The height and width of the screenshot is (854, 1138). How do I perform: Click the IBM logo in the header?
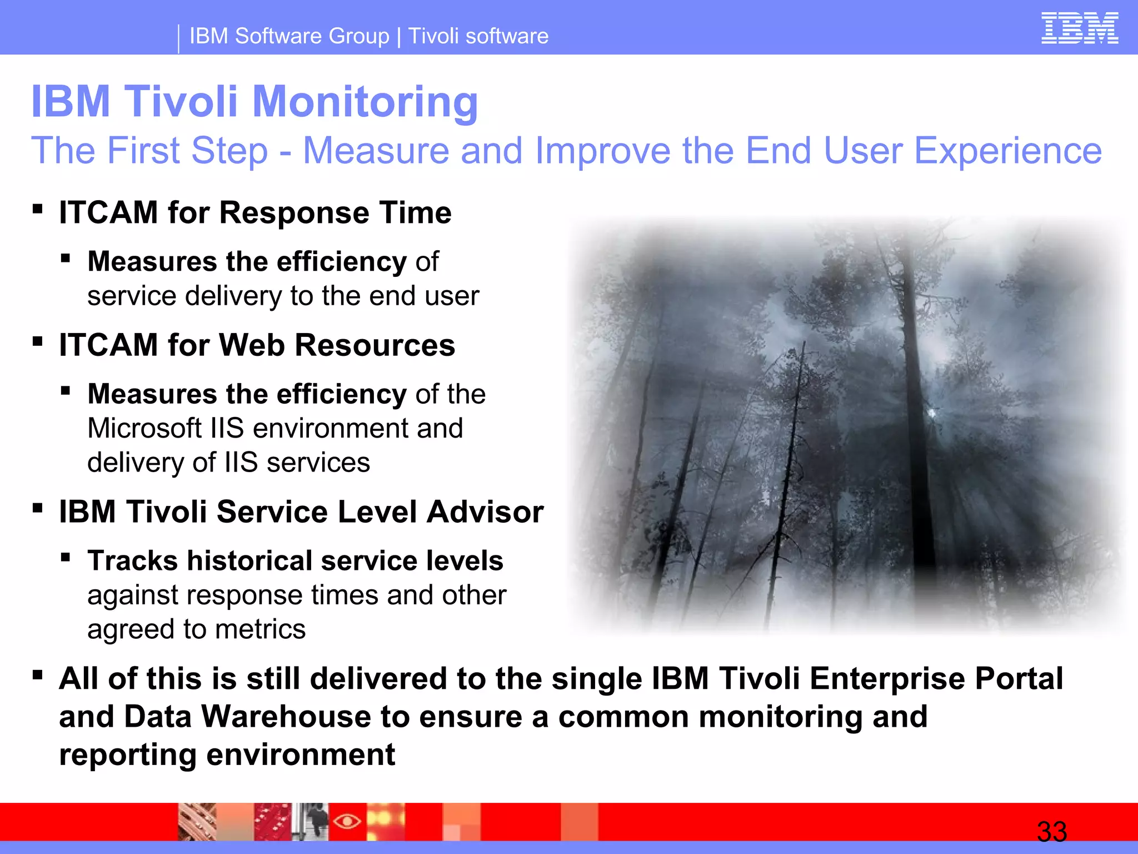(x=1079, y=29)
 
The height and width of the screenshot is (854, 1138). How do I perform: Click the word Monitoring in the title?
(x=365, y=102)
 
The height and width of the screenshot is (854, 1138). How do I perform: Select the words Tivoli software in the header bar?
(x=478, y=36)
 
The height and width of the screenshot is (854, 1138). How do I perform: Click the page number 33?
(x=1051, y=832)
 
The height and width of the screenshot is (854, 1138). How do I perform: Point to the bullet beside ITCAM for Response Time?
(x=38, y=210)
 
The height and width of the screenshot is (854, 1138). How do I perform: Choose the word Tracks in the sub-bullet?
(x=132, y=560)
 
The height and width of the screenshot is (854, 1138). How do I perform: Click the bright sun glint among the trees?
(x=932, y=413)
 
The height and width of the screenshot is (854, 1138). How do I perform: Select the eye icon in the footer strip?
(x=347, y=821)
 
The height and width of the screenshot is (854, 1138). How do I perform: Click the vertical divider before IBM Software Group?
(x=178, y=39)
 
